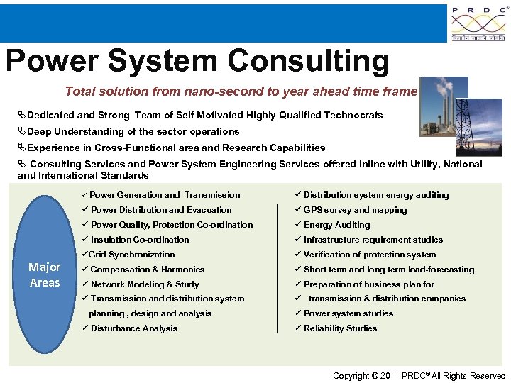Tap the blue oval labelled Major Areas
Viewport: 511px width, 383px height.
(45, 274)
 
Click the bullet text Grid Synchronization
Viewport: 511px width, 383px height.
(131, 255)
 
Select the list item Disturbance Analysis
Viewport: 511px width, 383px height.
(133, 328)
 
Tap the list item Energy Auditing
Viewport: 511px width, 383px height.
(336, 225)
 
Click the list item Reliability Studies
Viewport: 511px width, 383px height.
(340, 328)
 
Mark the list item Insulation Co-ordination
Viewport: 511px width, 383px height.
(140, 240)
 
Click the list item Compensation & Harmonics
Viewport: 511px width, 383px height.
(147, 270)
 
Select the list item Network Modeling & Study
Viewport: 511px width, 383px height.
(144, 284)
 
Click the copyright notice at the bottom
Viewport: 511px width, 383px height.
(420, 376)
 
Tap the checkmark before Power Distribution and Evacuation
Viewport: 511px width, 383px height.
(84, 210)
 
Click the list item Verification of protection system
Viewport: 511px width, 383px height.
(369, 255)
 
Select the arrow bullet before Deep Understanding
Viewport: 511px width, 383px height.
(21, 131)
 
